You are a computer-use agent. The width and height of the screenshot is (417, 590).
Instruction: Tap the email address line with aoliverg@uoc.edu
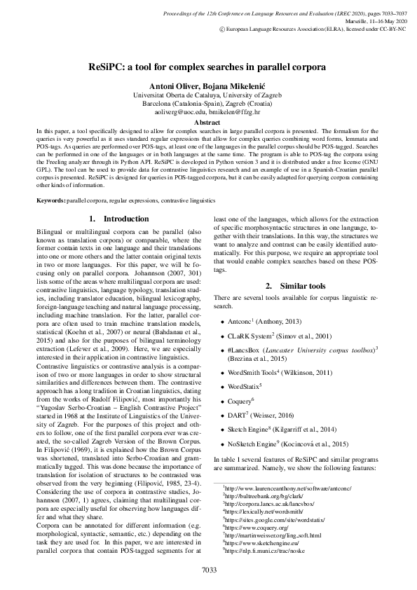208,111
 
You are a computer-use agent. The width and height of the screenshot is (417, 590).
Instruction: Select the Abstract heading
208,122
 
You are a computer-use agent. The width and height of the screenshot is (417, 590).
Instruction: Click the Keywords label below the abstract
51,201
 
